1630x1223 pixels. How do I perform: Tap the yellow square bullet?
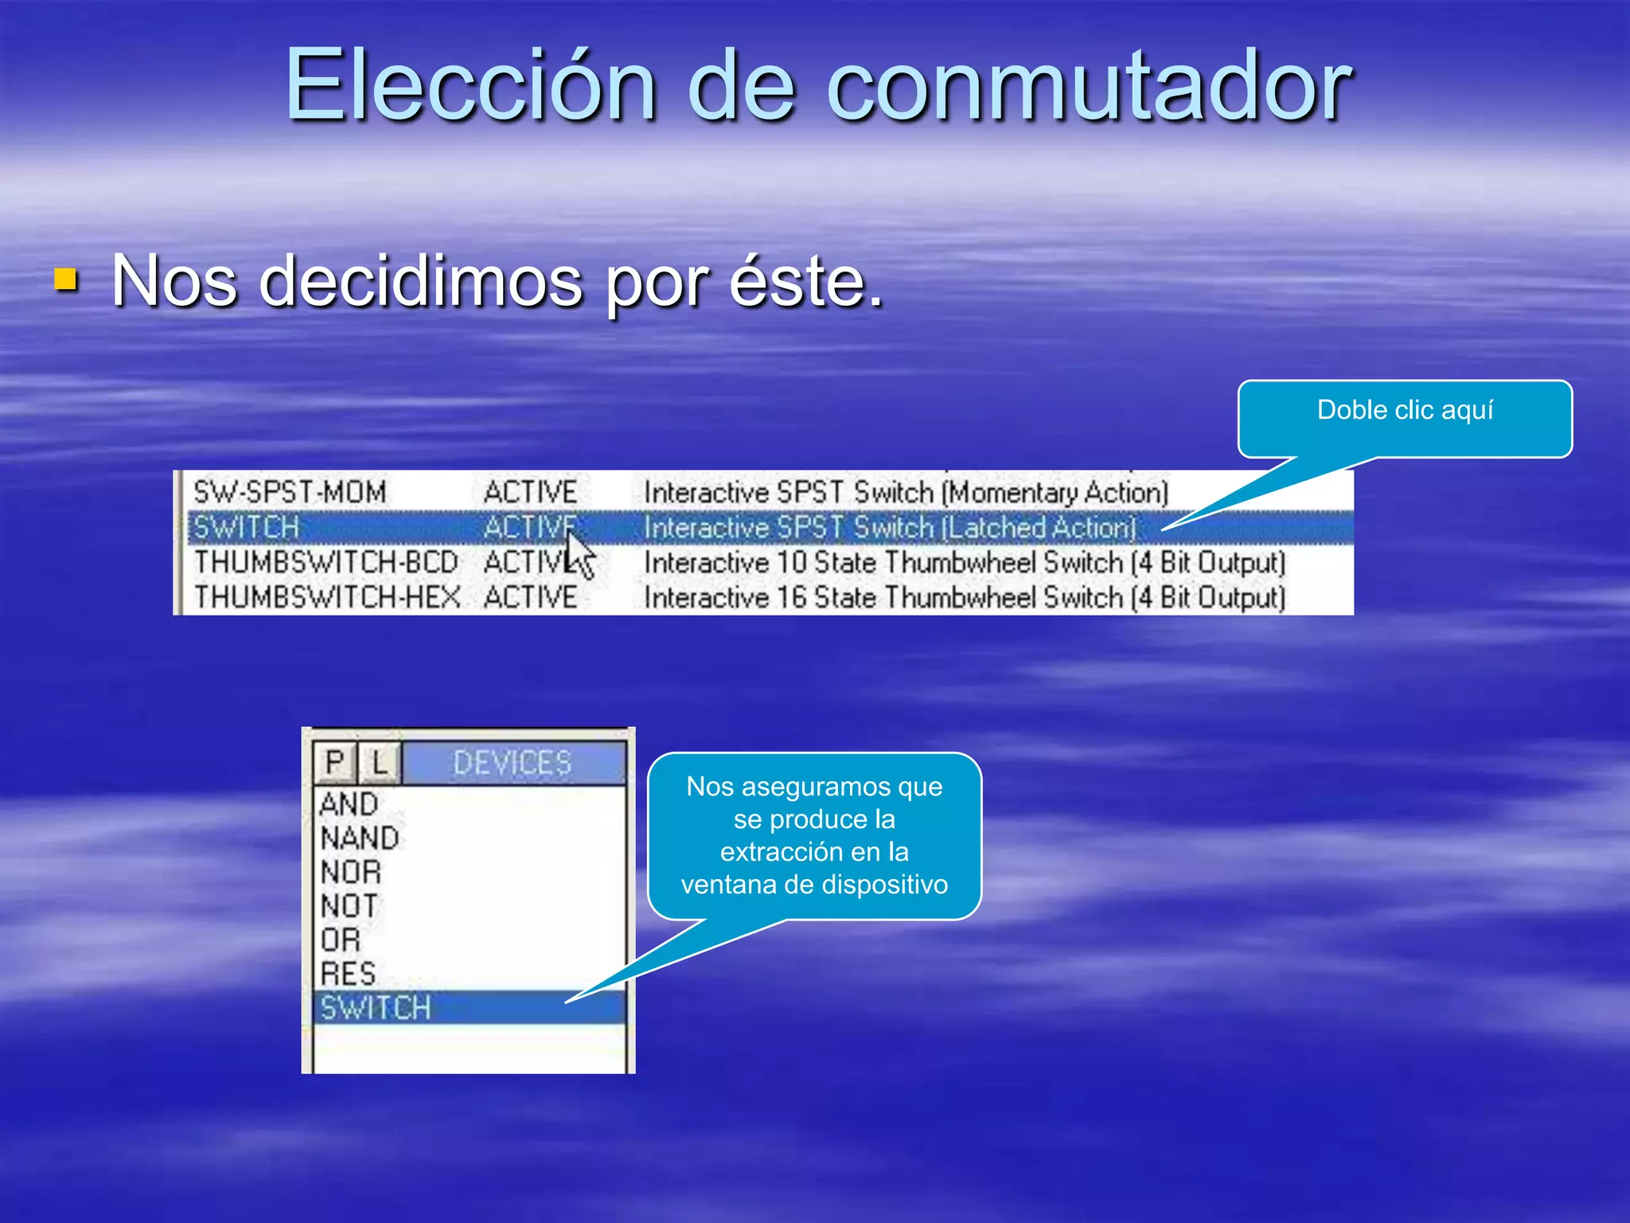coord(67,279)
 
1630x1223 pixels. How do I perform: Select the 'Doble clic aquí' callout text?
coord(1405,410)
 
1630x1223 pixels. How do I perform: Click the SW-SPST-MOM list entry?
coord(290,492)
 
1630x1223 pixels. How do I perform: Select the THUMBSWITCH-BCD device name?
coord(326,562)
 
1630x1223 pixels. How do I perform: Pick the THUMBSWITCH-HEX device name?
coord(327,597)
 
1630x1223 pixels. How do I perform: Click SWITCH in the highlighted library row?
coord(247,527)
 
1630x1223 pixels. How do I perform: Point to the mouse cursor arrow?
coord(579,553)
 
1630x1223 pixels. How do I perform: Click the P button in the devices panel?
coord(335,763)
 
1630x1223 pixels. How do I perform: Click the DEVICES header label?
coord(512,763)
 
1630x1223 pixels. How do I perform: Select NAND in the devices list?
coord(360,838)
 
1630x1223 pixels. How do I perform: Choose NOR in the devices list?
coord(351,872)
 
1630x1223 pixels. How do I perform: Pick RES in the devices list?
coord(348,974)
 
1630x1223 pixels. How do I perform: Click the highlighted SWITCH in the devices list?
coord(376,1008)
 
